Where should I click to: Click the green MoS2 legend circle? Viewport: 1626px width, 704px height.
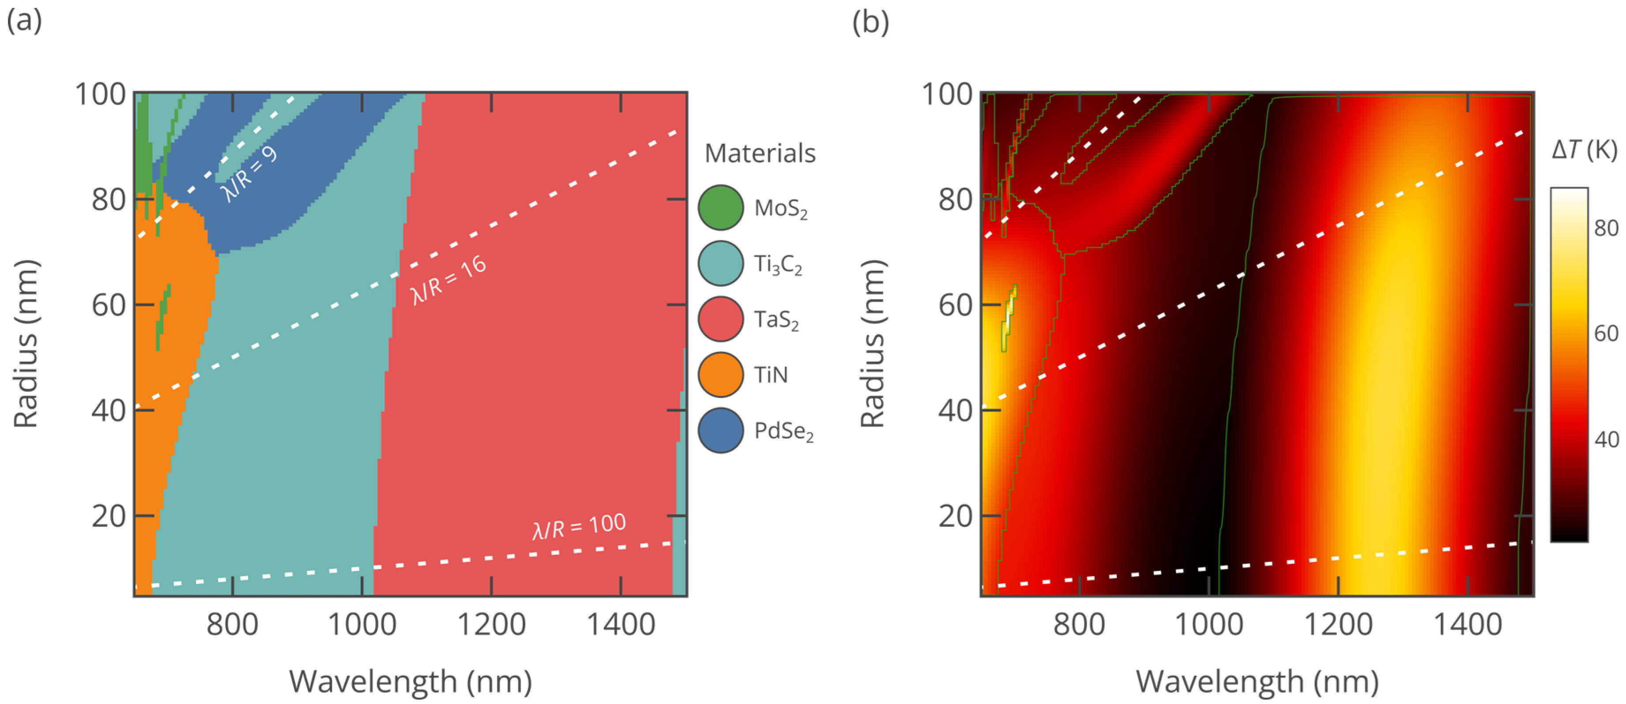tap(720, 208)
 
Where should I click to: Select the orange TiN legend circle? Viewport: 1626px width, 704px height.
tap(720, 374)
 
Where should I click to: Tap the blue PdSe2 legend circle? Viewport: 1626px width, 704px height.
tap(720, 430)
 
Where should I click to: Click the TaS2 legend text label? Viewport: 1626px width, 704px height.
tap(776, 320)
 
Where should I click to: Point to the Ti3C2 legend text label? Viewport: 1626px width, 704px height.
tap(778, 264)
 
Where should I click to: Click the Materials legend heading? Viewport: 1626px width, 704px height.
tap(760, 154)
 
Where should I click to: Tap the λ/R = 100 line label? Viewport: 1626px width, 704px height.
tap(579, 526)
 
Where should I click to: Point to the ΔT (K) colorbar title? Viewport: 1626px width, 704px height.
tap(1584, 150)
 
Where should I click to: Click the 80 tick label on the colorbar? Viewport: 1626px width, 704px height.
tap(1606, 228)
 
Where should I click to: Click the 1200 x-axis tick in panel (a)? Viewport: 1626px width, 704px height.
tap(491, 625)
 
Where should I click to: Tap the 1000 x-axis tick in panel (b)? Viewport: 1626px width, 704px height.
tap(1209, 625)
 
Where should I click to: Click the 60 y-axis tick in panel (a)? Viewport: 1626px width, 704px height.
tap(109, 305)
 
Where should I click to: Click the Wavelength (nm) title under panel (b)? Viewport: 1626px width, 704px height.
tap(1257, 682)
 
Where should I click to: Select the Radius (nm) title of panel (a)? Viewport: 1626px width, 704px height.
tap(26, 344)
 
